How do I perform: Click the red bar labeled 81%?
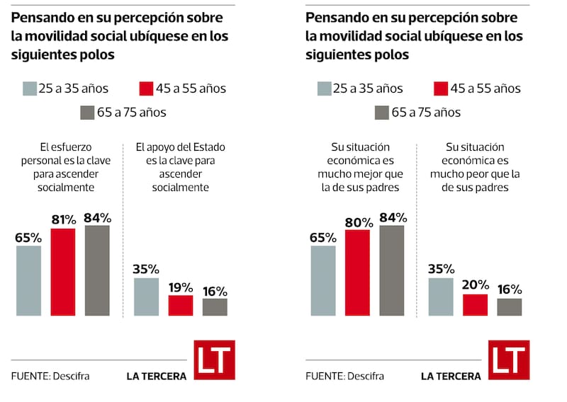tap(63, 272)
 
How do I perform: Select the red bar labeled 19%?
tap(180, 305)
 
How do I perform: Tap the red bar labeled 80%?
tap(357, 273)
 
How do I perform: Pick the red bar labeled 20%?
tap(475, 305)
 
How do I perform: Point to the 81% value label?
tap(63, 219)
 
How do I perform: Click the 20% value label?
tap(475, 285)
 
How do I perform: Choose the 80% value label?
tap(358, 222)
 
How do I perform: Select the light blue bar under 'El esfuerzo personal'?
tap(28, 280)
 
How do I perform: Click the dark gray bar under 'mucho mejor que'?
tap(392, 270)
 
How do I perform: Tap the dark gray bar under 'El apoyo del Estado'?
tap(215, 307)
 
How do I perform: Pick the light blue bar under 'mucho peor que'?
tap(440, 297)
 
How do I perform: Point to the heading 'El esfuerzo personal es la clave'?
tap(64, 167)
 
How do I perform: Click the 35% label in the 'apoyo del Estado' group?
tap(146, 269)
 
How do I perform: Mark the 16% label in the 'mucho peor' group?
tap(509, 289)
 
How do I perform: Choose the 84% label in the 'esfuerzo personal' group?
tap(98, 216)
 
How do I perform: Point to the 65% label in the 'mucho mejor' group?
tap(322, 237)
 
